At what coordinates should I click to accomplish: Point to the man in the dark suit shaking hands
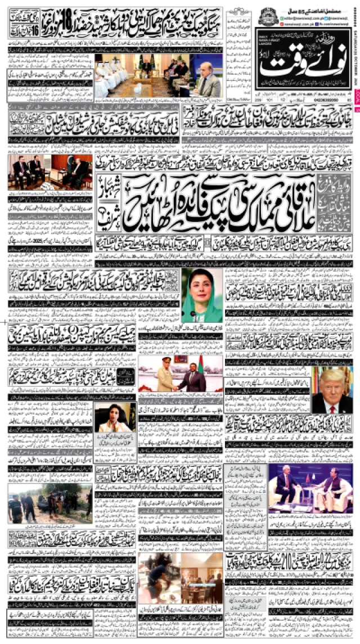pos(192,378)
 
